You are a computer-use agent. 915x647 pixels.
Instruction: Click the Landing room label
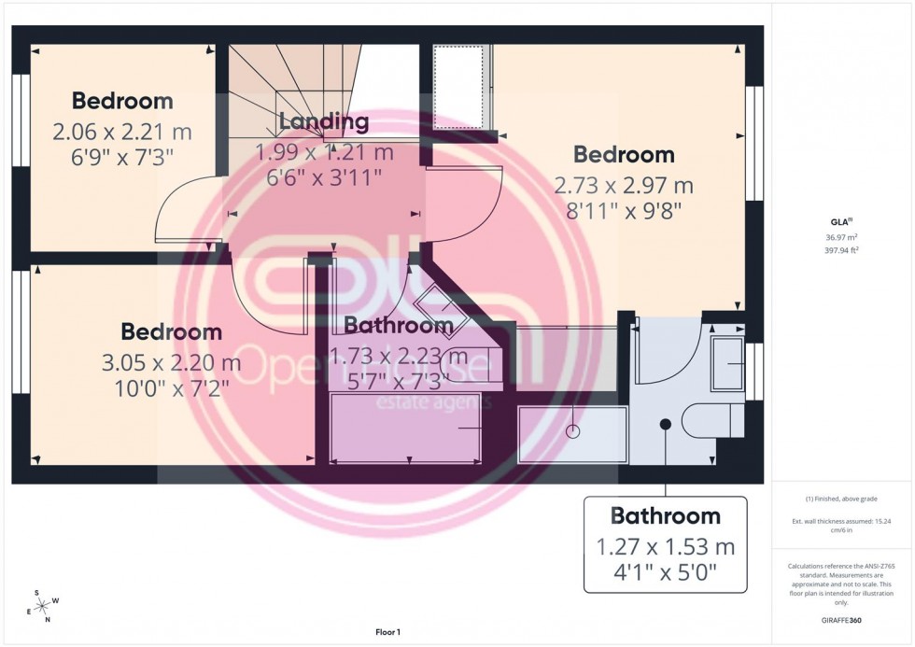[x=323, y=121]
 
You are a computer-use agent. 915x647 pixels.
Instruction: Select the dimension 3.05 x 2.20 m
[x=171, y=362]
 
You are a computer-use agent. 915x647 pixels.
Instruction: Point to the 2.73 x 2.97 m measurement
[x=624, y=186]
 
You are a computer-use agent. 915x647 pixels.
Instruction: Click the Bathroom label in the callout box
[x=665, y=515]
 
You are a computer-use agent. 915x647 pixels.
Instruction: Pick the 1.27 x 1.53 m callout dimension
[x=665, y=546]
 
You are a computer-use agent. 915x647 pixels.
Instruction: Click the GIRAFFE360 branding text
[x=841, y=620]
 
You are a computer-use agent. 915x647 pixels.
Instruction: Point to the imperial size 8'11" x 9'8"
[x=624, y=212]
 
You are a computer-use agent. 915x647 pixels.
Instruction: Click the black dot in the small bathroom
[x=665, y=424]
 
